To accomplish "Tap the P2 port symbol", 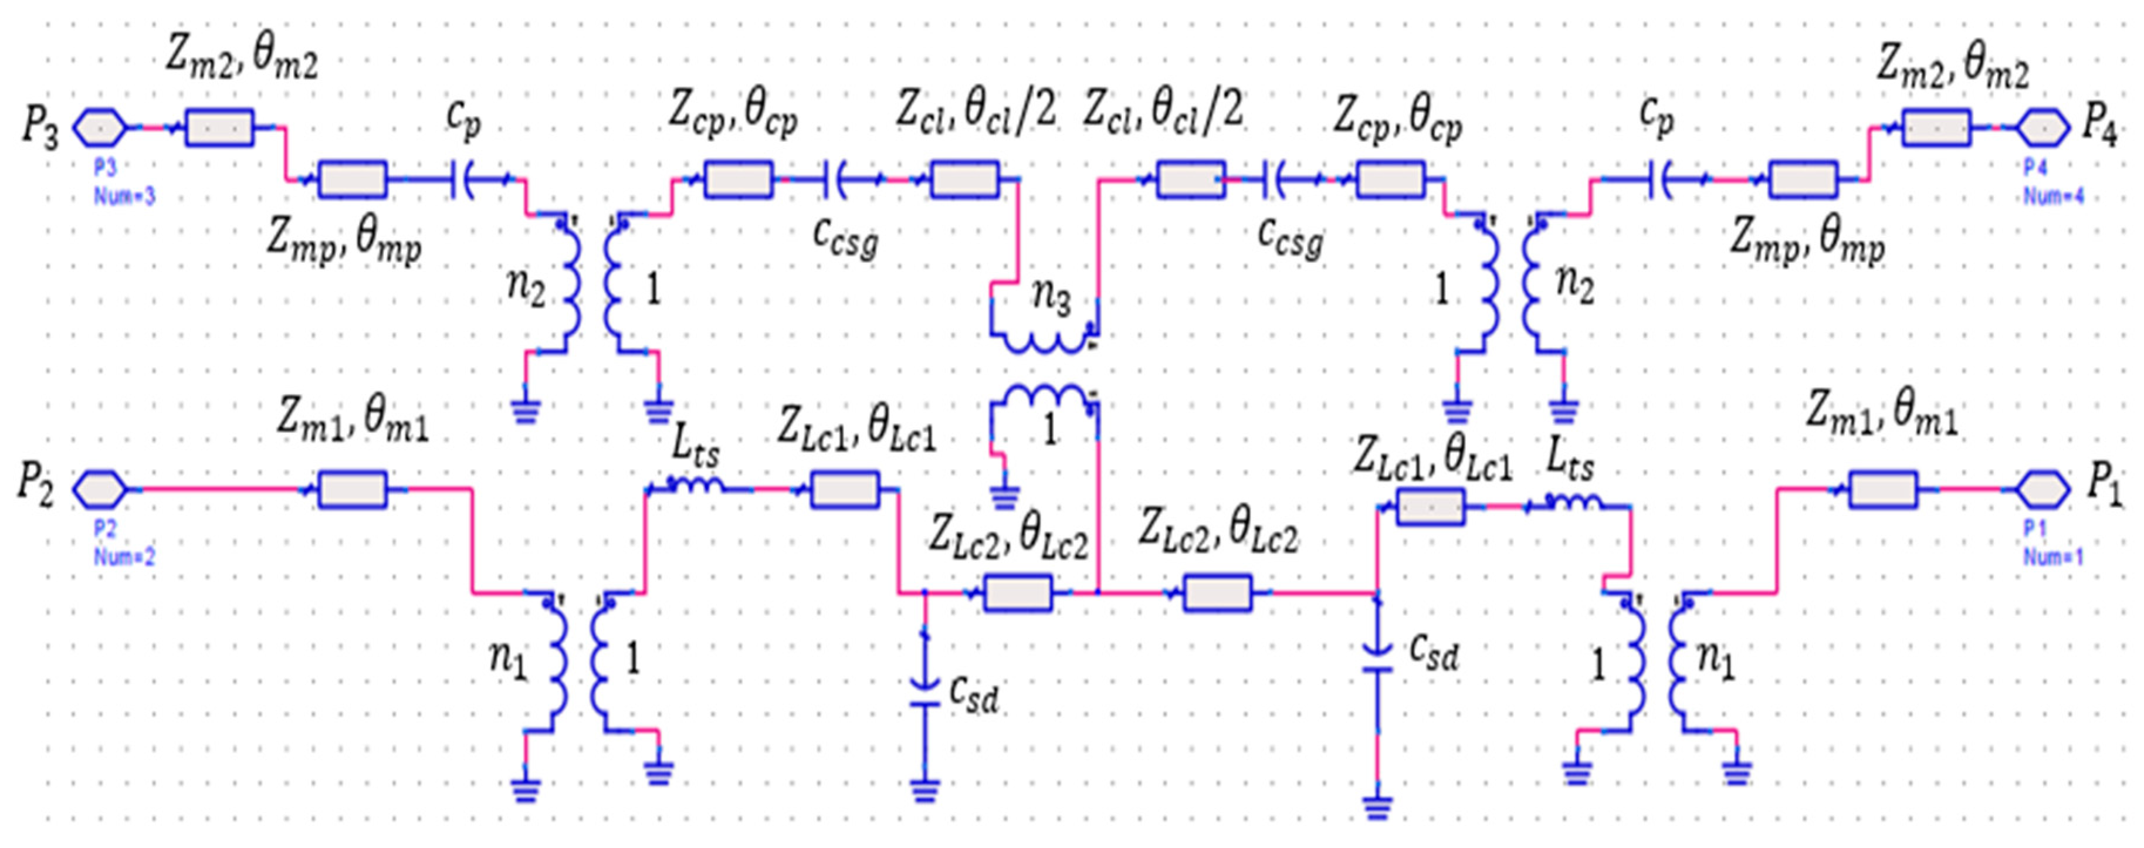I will coord(100,489).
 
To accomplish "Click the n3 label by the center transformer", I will coord(1051,298).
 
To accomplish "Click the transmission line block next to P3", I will coord(219,128).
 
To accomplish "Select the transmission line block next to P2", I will coord(352,489).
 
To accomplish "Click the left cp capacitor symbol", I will coord(463,179).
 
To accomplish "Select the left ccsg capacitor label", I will coord(846,238).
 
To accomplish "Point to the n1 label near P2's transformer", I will coord(509,662).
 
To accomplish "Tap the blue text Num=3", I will coord(124,196).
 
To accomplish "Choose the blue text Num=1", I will coord(2052,557).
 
